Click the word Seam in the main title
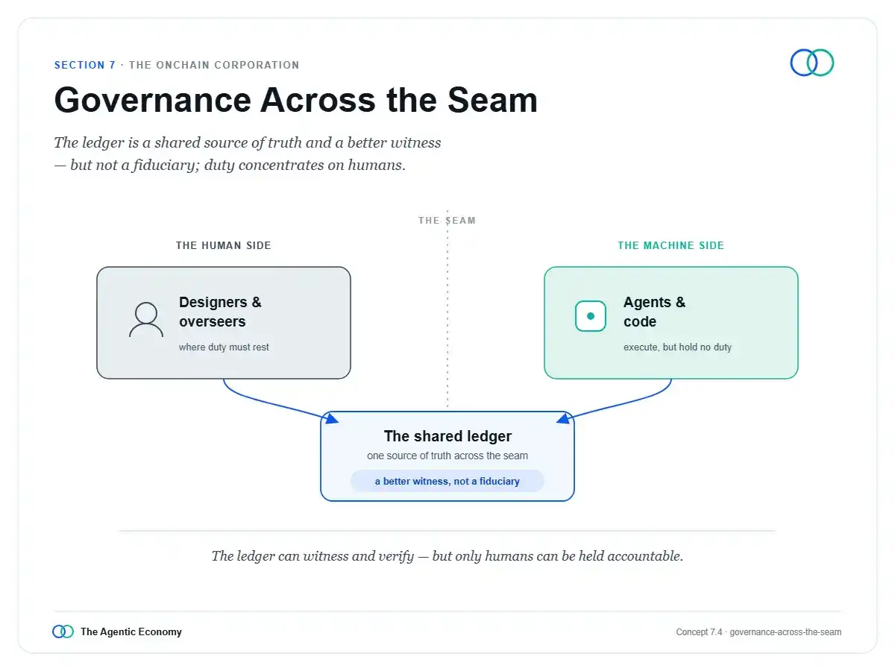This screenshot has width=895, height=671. tap(492, 100)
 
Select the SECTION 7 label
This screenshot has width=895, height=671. tap(85, 65)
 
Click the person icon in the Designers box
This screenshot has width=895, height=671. tap(146, 319)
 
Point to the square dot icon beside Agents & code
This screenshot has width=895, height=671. tap(590, 316)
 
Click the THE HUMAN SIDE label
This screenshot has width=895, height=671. tap(224, 245)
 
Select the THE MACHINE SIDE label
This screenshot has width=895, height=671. tap(671, 245)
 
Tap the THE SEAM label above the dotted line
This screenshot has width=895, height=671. tap(447, 221)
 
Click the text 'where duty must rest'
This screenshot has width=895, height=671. tap(224, 347)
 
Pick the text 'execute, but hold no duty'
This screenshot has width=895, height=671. tap(677, 347)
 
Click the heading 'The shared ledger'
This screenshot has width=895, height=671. tap(447, 436)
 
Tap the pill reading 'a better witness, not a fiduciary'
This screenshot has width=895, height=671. tap(447, 481)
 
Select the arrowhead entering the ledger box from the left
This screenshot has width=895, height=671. tap(331, 418)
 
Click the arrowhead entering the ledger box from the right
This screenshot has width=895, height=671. tap(564, 418)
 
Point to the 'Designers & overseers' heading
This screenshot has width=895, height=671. tap(220, 312)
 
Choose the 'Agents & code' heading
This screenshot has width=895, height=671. tap(654, 312)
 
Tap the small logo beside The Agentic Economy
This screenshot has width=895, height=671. tap(63, 631)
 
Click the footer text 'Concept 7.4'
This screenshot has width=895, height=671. tap(699, 632)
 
